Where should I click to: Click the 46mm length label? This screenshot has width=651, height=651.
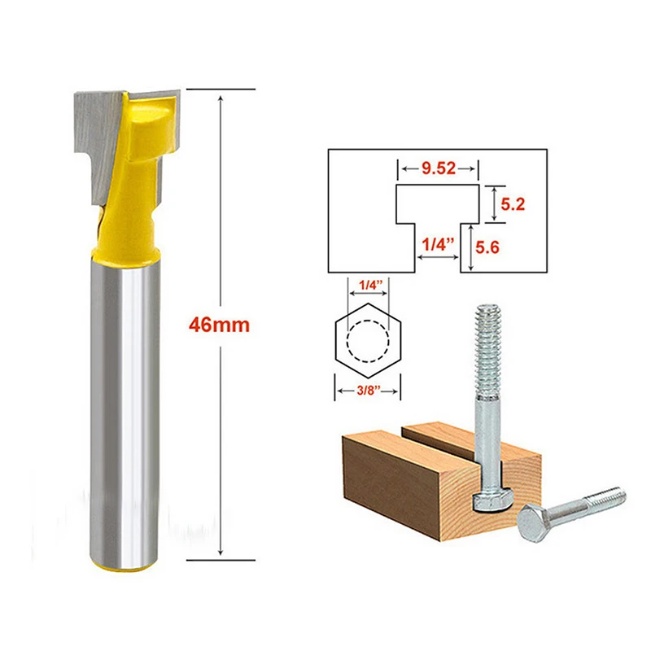(x=217, y=324)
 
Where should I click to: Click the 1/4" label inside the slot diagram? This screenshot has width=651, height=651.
(x=438, y=242)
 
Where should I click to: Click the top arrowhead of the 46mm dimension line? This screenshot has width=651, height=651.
(x=221, y=91)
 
